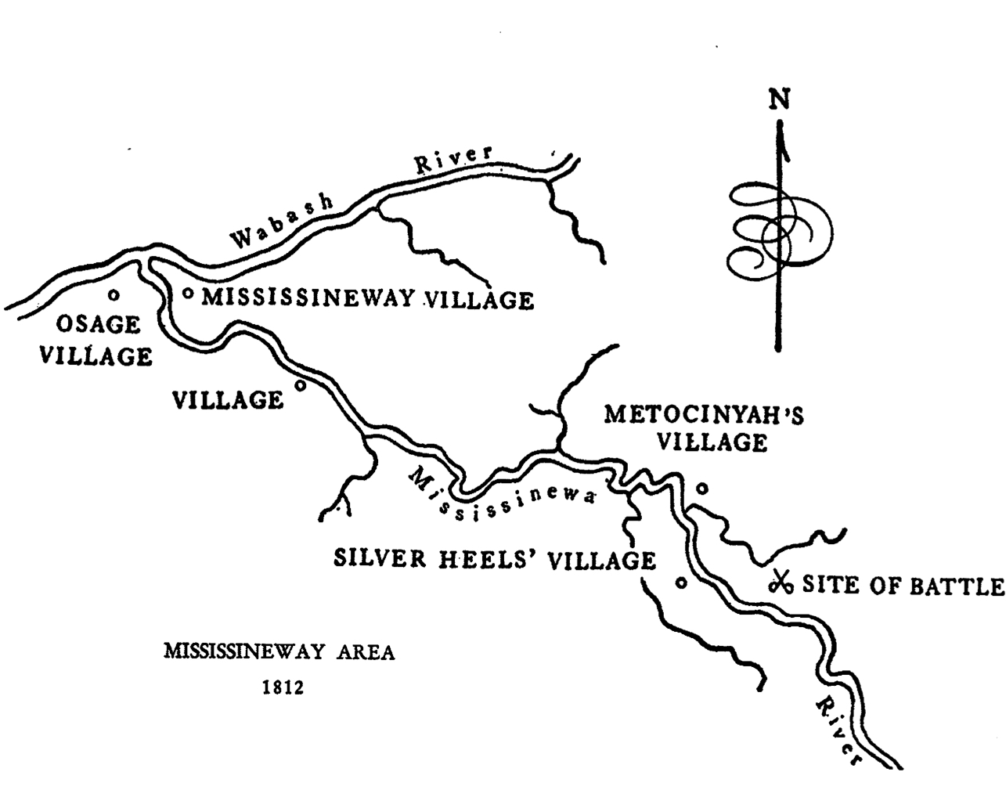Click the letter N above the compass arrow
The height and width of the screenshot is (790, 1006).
[779, 99]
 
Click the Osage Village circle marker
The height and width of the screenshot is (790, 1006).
[114, 295]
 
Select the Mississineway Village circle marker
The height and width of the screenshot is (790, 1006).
[188, 294]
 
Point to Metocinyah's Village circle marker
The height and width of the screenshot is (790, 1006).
[702, 488]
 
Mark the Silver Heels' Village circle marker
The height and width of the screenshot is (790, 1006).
[681, 583]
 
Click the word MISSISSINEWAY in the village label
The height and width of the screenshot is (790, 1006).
[308, 298]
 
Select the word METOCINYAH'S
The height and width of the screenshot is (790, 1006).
[703, 414]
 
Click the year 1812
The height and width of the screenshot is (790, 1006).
[281, 689]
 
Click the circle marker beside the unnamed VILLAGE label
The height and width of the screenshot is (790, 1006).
[299, 386]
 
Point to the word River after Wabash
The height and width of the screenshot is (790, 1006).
[453, 161]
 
